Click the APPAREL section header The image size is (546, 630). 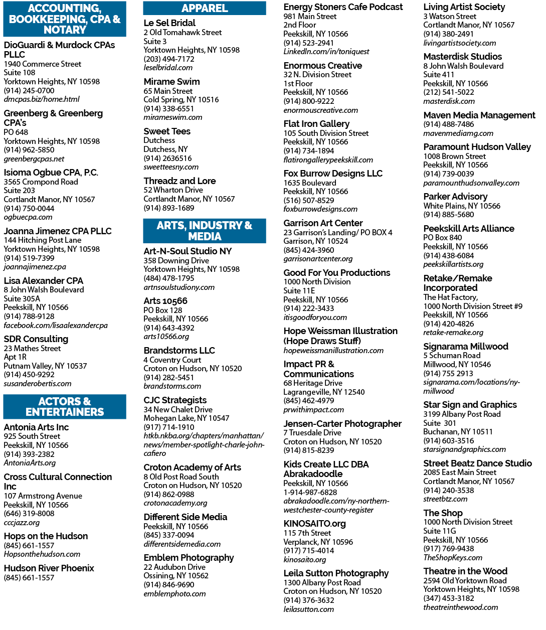click(x=205, y=8)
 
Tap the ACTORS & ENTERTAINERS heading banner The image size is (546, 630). click(x=65, y=407)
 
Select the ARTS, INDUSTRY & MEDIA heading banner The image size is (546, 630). click(x=205, y=231)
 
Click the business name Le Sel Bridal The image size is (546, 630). click(x=169, y=23)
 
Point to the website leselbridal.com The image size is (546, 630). click(x=168, y=68)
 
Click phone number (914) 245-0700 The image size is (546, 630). click(x=29, y=90)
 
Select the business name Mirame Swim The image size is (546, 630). click(x=171, y=82)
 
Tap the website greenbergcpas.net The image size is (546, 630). click(x=34, y=159)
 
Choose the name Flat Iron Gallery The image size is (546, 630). click(x=316, y=124)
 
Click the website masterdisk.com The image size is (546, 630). click(x=449, y=101)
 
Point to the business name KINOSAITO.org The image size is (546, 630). click(x=314, y=524)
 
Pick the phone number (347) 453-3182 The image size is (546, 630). click(x=449, y=598)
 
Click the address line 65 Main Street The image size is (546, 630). click(x=168, y=91)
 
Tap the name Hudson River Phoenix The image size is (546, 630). click(x=49, y=568)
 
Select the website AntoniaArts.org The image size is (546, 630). click(x=30, y=463)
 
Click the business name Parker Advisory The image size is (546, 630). click(x=455, y=197)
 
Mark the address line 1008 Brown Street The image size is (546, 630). click(x=454, y=156)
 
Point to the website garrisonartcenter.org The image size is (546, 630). click(x=318, y=259)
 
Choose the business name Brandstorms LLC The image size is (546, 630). click(x=179, y=351)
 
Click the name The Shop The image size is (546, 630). click(x=443, y=513)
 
